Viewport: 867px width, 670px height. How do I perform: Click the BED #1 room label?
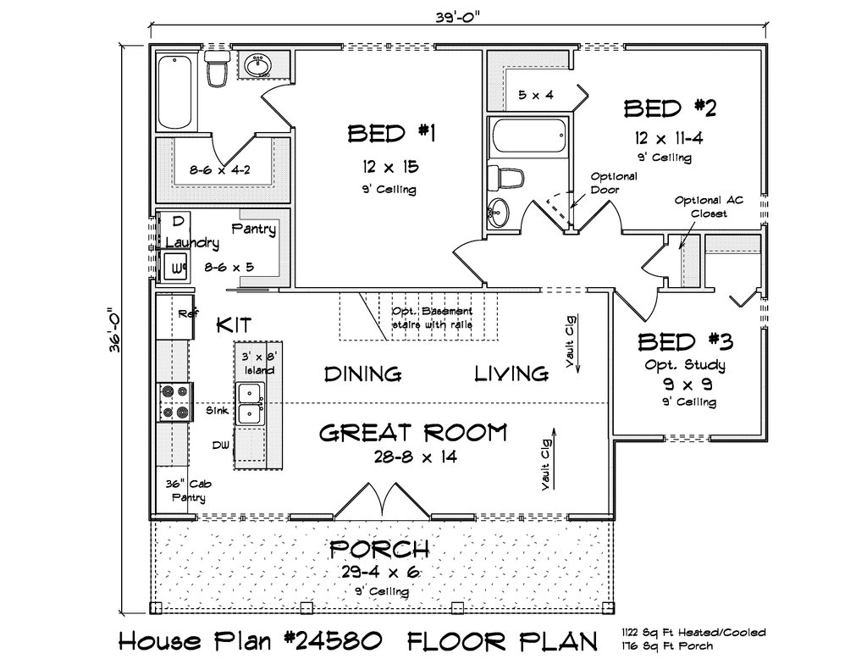(391, 134)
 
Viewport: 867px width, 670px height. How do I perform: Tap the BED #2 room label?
(670, 108)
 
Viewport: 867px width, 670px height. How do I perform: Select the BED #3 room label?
(686, 342)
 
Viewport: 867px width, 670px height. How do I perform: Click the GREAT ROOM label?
(413, 433)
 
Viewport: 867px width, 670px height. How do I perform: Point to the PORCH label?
(379, 550)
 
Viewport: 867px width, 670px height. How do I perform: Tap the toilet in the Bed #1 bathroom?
(216, 68)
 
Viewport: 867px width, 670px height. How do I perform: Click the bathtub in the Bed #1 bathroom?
(175, 91)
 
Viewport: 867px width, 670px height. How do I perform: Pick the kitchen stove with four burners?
(174, 402)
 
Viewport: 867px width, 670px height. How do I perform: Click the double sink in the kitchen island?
(251, 404)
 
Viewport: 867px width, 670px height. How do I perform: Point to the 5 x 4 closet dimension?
(536, 95)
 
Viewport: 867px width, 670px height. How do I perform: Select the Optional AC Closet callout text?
(709, 207)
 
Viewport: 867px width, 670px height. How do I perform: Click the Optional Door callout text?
(614, 183)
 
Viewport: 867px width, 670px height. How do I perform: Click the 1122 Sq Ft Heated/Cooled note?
(693, 633)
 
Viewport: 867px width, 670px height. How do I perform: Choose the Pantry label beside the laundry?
(253, 229)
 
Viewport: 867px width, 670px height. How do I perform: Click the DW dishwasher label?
(220, 445)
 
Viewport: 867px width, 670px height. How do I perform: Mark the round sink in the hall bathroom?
(499, 212)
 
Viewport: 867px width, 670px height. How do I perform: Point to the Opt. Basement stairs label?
(433, 318)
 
